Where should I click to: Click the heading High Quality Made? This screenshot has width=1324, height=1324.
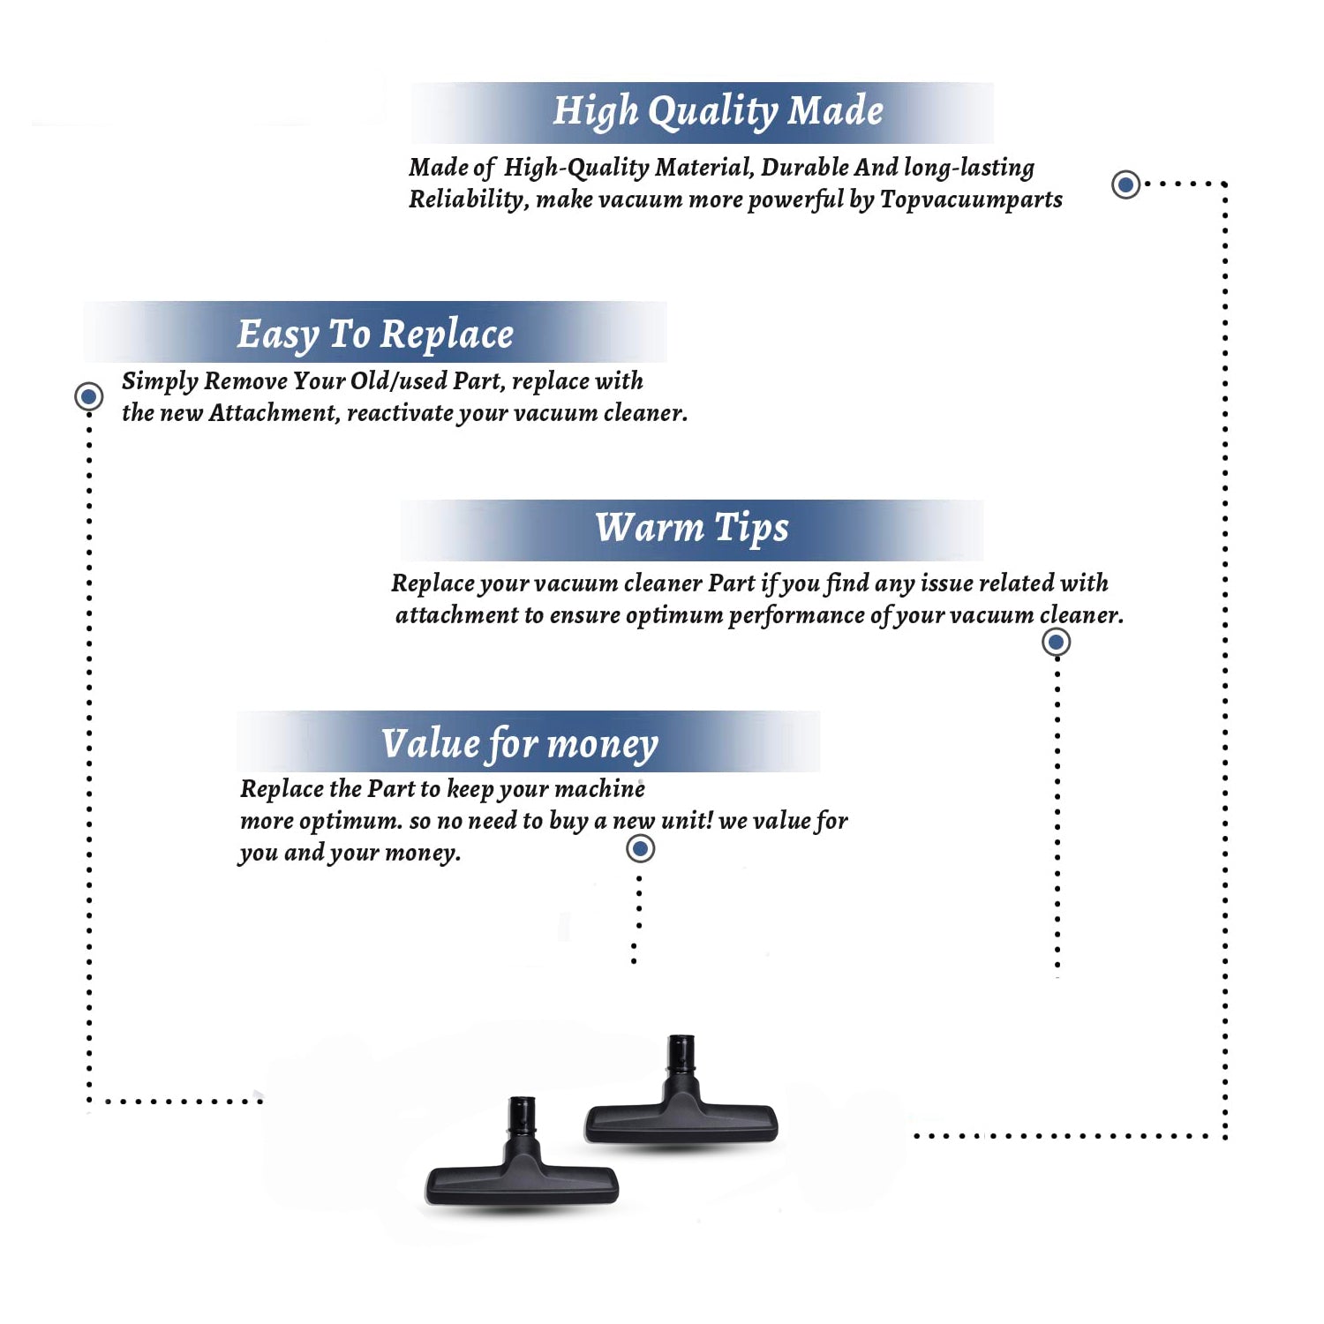click(718, 112)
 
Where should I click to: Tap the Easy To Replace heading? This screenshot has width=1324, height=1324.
click(375, 335)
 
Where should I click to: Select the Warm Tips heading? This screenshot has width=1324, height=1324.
click(691, 528)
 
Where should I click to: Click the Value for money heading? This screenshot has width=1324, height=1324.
click(520, 743)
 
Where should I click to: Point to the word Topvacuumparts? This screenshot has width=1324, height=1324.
click(971, 199)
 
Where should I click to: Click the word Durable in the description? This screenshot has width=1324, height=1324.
click(805, 167)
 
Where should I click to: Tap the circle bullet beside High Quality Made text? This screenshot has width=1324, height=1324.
click(1125, 184)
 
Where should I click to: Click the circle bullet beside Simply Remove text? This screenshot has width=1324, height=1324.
click(88, 396)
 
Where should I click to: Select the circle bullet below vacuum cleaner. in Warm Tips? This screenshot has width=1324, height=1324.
click(1057, 642)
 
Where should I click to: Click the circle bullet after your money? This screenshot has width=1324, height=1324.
click(640, 849)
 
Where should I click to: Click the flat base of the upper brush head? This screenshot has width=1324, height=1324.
click(681, 1123)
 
